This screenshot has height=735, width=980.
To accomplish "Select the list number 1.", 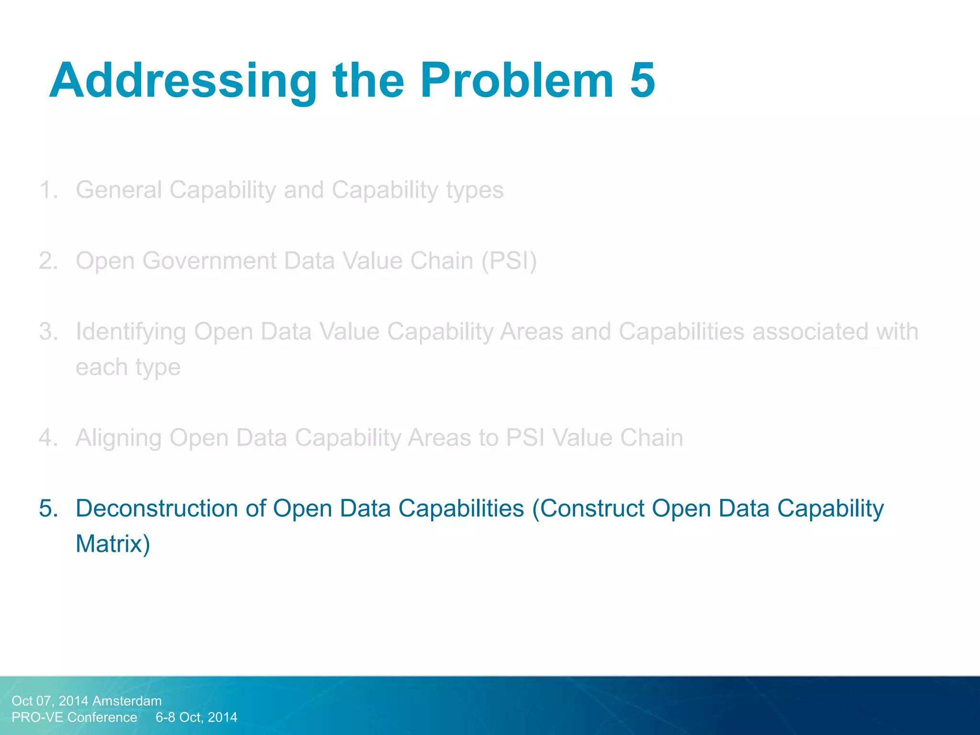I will pos(48,190).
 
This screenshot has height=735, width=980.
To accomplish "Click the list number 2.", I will pos(48,261).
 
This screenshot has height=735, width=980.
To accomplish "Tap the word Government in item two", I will pos(209,261).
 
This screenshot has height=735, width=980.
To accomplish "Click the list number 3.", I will pos(48,332).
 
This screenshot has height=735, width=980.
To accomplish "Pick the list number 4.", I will pos(48,438).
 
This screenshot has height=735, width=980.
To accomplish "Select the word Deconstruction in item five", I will pos(156,508).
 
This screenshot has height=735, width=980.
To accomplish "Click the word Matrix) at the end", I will pos(113,544).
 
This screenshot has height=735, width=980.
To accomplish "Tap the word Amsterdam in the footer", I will pos(127,701).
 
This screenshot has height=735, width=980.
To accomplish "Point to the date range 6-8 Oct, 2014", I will pos(196,717).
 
